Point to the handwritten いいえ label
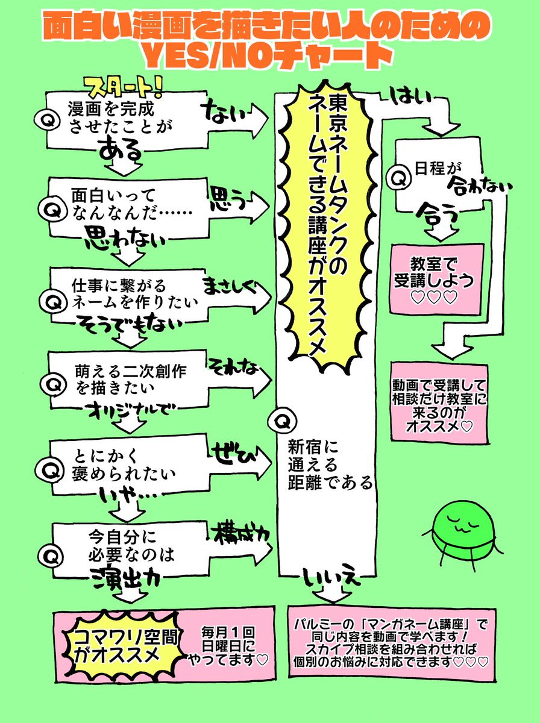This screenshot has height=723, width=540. (331, 578)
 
